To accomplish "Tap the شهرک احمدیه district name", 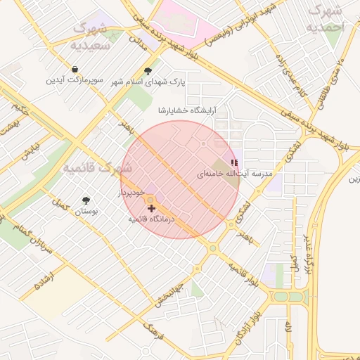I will pos(326,19).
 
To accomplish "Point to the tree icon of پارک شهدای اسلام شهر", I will pos(148,71).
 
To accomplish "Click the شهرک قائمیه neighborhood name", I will pos(96,168).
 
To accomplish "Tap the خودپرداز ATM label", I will pos(131,191).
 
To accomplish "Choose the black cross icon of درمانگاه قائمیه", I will pos(151,209).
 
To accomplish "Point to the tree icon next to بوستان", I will pos(86,200).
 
